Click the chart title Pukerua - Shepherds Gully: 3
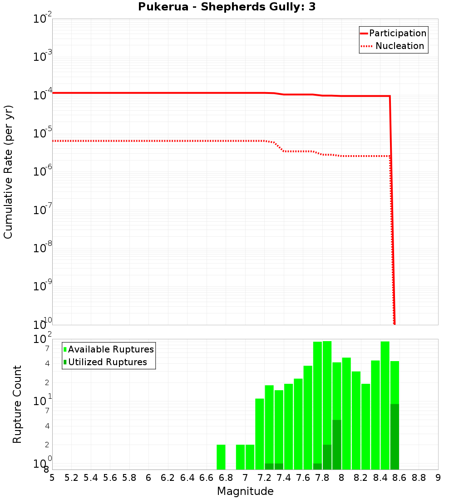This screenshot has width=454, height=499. [227, 7]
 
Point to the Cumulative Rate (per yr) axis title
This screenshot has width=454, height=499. [8, 171]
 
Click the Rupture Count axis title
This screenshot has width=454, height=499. [17, 404]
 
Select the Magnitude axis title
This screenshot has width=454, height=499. [245, 491]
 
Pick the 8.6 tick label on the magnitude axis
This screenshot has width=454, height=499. [400, 478]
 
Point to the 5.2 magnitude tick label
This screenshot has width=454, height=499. [71, 478]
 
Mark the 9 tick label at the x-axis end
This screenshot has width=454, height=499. [438, 478]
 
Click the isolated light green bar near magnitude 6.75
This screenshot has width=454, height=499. [221, 457]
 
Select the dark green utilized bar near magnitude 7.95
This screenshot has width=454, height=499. [336, 445]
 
